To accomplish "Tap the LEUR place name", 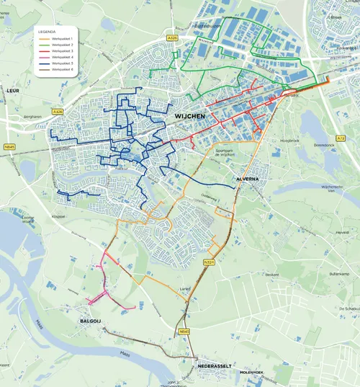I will [x=12, y=92].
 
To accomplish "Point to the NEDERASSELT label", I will [x=214, y=366].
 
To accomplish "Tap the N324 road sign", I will [x=209, y=262].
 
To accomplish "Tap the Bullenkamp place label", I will [x=338, y=275].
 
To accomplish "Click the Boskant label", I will [x=272, y=275].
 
